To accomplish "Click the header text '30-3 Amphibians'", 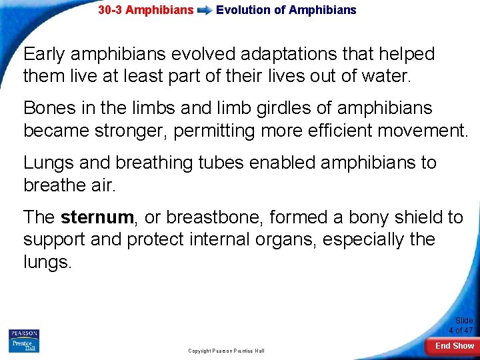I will pos(145,10).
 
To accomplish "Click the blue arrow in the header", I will pos(205,11).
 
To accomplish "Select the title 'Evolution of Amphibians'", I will pos(286,10).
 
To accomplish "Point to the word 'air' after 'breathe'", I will pos(102,185).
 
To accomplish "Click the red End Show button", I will pos(455,346).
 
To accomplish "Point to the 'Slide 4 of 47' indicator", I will pos(461,325).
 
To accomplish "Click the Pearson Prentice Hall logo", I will pos(23,341).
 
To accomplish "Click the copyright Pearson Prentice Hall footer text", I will pos(226,351).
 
